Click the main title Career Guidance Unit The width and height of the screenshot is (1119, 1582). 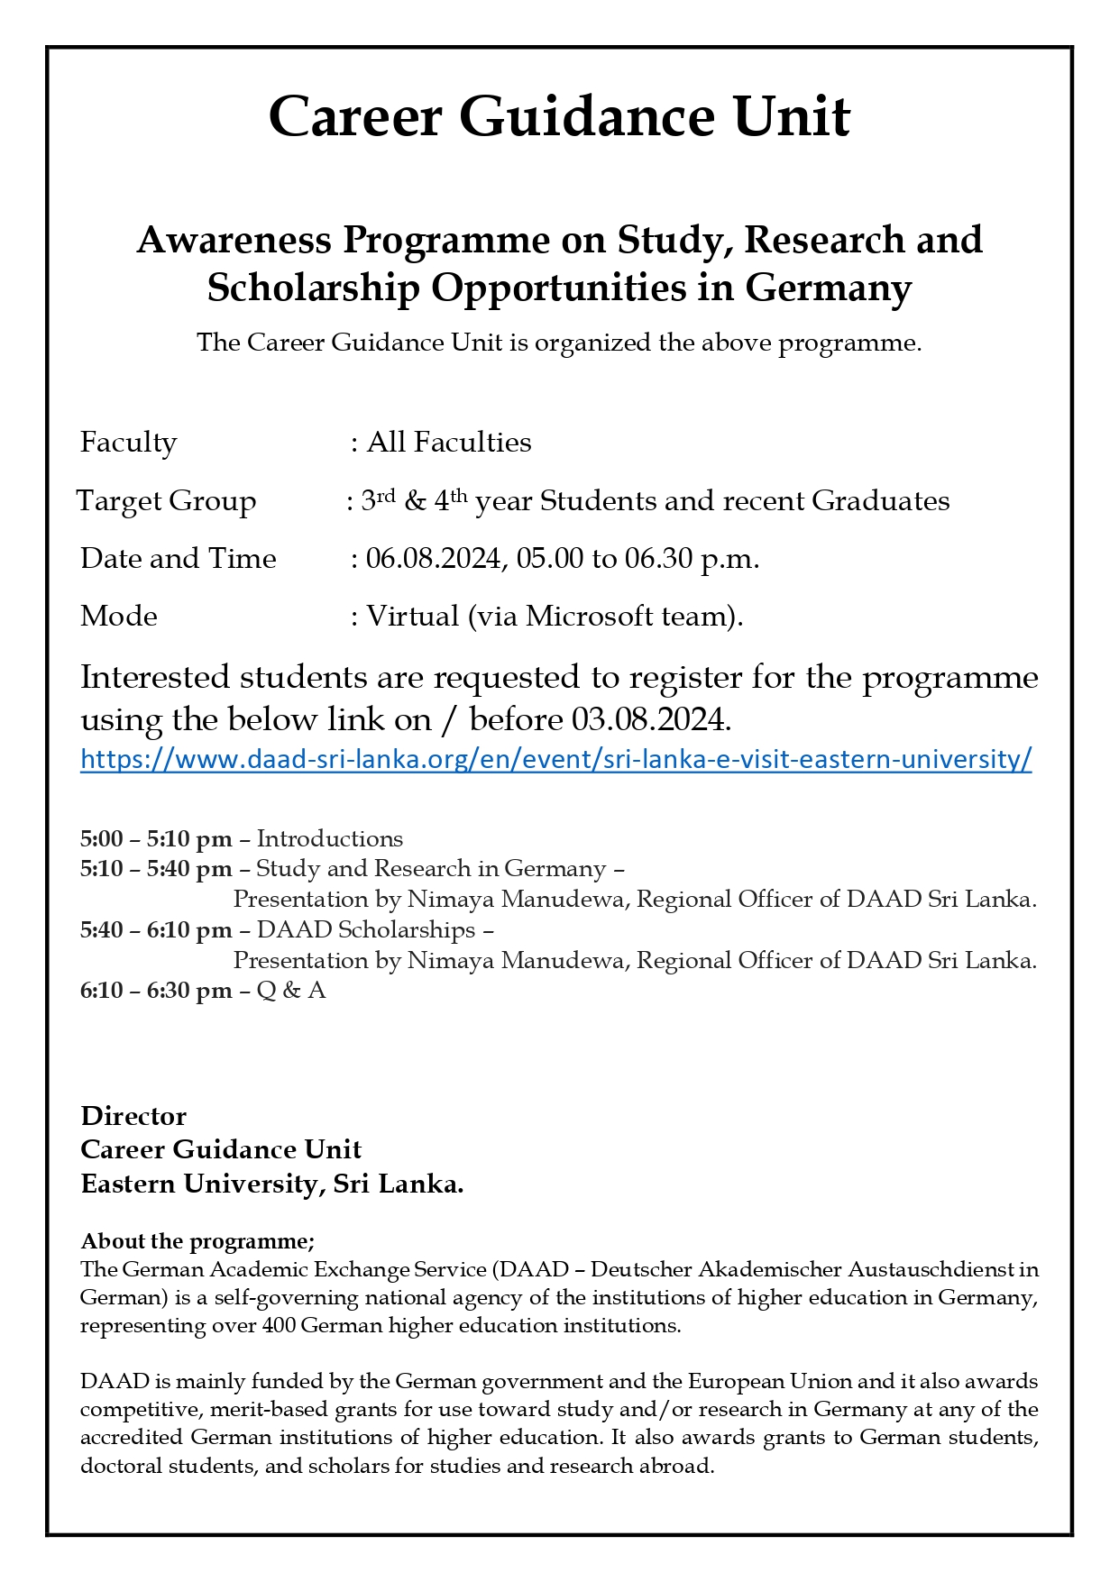click(x=559, y=117)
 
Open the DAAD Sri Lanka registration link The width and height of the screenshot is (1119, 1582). click(x=555, y=759)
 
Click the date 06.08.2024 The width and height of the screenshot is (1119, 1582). click(x=433, y=559)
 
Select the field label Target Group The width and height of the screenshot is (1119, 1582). click(x=167, y=501)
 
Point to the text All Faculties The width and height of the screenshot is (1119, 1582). click(x=449, y=443)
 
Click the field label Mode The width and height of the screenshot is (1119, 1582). click(x=119, y=617)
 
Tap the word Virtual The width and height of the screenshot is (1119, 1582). click(x=412, y=617)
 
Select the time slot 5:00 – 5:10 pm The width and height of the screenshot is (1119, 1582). click(x=156, y=839)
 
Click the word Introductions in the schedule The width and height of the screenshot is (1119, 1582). click(x=330, y=839)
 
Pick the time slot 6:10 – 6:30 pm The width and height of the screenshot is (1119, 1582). click(x=156, y=991)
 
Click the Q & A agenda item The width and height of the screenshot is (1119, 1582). click(x=291, y=991)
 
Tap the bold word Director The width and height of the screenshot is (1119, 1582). click(x=133, y=1116)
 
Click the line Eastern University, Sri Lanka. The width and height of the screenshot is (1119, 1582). click(x=272, y=1184)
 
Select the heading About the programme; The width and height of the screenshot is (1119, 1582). click(x=197, y=1241)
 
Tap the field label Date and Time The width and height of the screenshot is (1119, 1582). click(x=179, y=559)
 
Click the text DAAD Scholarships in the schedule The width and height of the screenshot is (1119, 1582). click(x=366, y=929)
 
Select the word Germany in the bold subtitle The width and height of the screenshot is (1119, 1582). click(x=829, y=288)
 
